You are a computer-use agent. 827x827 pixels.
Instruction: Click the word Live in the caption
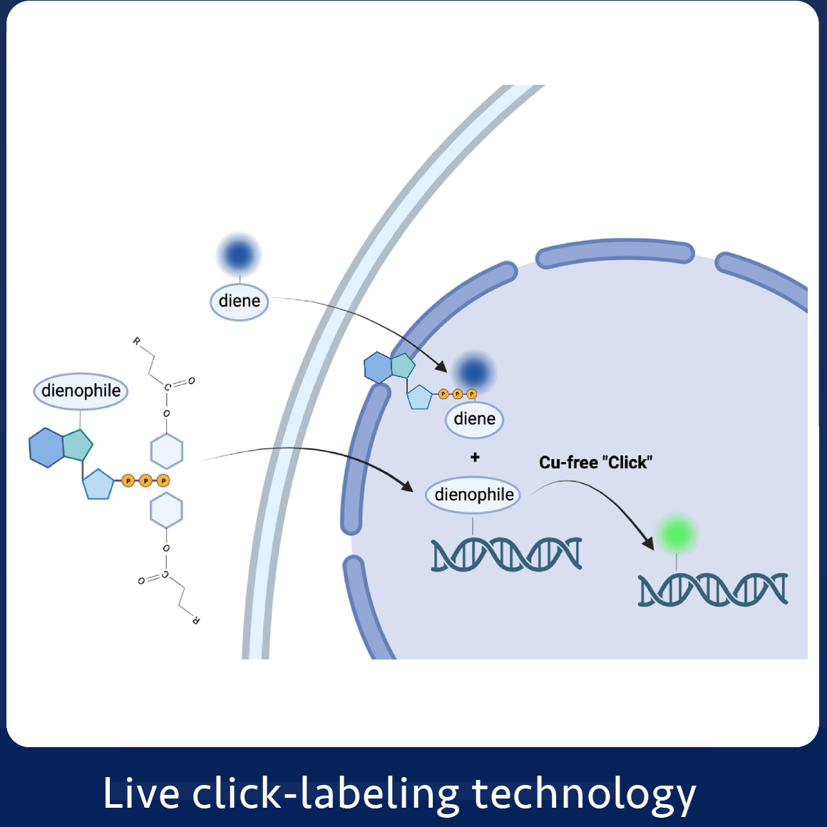coord(140,793)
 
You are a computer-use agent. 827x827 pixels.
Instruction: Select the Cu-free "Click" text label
coord(595,463)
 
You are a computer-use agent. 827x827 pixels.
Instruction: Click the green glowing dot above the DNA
coord(677,534)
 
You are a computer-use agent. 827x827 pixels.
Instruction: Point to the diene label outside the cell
coord(239,301)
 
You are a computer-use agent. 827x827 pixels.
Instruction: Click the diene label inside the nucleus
coord(474,418)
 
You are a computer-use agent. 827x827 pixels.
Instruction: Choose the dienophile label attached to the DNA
coord(473,495)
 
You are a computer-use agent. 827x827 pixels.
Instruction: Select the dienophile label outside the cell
coord(81,391)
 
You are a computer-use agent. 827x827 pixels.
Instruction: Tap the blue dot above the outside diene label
coord(239,255)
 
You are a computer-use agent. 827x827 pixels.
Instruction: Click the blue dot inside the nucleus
coord(473,371)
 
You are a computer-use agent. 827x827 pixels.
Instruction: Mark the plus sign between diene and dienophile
coord(475,457)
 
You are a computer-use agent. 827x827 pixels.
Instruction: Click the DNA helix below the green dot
coord(712,590)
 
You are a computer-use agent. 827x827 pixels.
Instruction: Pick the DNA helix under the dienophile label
coord(506,555)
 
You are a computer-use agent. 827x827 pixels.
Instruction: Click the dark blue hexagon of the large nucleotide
coord(46,448)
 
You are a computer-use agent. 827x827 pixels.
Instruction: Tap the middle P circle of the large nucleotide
coord(145,481)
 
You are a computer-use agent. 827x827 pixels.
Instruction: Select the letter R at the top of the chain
coord(137,341)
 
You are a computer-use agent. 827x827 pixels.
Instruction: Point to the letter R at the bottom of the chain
coord(196,620)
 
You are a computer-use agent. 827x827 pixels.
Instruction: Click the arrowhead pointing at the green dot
coord(648,543)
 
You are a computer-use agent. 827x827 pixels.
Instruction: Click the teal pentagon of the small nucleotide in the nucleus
coord(403,366)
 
